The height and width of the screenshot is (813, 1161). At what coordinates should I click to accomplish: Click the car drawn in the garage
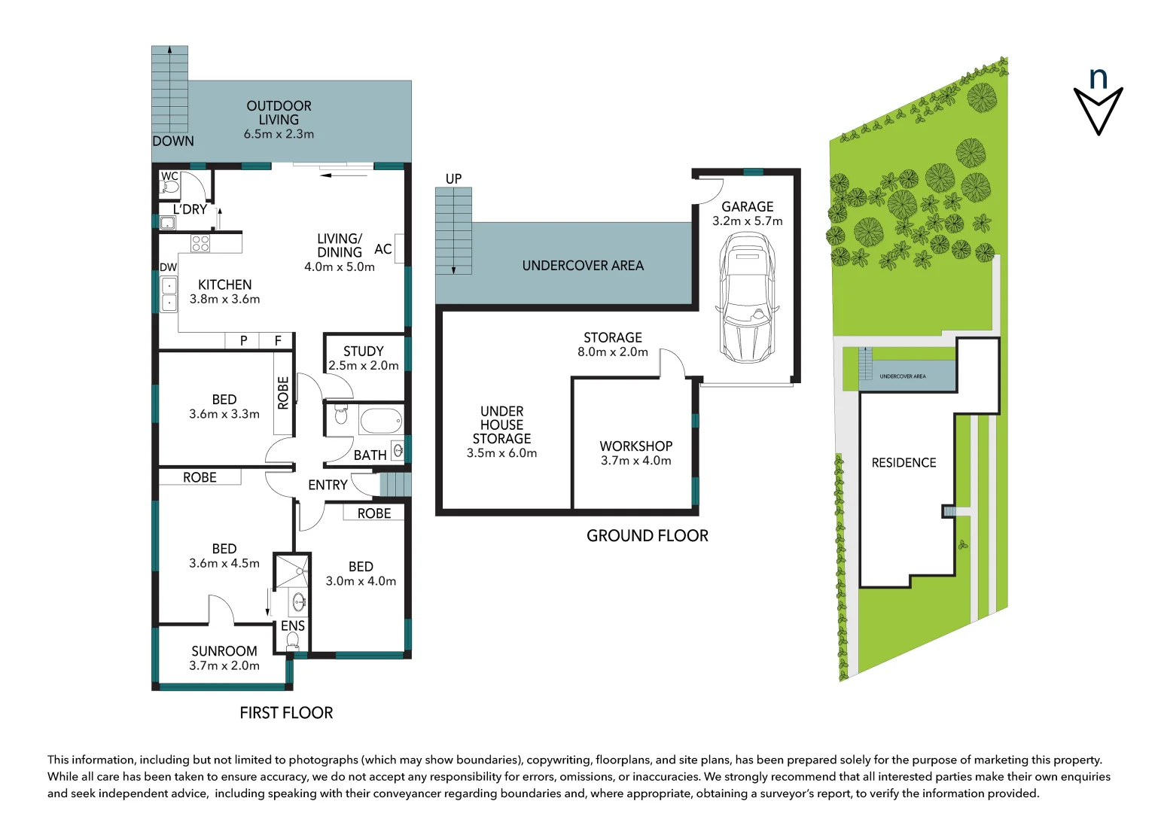point(746,298)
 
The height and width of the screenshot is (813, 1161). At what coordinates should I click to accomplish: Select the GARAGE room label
point(747,206)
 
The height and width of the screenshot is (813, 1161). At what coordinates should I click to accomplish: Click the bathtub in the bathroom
point(380,420)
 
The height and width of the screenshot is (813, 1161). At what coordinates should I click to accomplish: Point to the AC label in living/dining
point(382,249)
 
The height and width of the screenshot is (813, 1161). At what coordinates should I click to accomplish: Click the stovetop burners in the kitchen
point(200,243)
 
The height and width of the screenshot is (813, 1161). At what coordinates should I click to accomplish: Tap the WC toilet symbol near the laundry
point(171,186)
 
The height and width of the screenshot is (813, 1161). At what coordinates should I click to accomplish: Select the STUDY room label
point(363,352)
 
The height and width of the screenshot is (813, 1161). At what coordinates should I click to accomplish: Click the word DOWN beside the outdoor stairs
point(173,142)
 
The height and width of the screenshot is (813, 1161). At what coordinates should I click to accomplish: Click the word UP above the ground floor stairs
point(453,179)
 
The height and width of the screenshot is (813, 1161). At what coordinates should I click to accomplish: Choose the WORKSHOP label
point(635,446)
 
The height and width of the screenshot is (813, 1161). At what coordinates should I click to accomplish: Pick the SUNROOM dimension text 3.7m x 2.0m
point(224,666)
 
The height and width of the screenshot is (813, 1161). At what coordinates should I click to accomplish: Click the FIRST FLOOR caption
point(286,713)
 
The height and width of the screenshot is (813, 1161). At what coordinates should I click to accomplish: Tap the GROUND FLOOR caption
point(647,536)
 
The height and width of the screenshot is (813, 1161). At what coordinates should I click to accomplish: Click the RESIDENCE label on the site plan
point(904,463)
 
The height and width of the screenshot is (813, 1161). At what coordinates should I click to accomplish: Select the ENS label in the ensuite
point(292,626)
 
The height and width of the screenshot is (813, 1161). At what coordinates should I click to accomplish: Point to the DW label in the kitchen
point(168,267)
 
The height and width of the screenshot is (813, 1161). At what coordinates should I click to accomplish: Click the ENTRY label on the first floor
point(328,486)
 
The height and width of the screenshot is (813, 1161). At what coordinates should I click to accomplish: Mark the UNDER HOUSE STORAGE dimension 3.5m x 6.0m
point(501,453)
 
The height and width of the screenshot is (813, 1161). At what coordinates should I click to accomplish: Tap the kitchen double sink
point(169,294)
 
